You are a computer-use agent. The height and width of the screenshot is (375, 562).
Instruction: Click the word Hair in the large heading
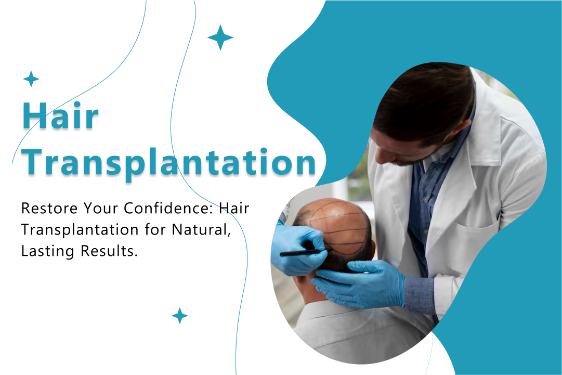tap(60, 116)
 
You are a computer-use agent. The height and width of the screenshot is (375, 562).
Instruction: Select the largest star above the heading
tap(220, 37)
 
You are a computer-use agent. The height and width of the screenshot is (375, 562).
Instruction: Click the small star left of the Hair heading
tap(31, 79)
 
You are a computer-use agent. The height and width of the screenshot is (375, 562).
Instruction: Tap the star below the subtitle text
tap(179, 316)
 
